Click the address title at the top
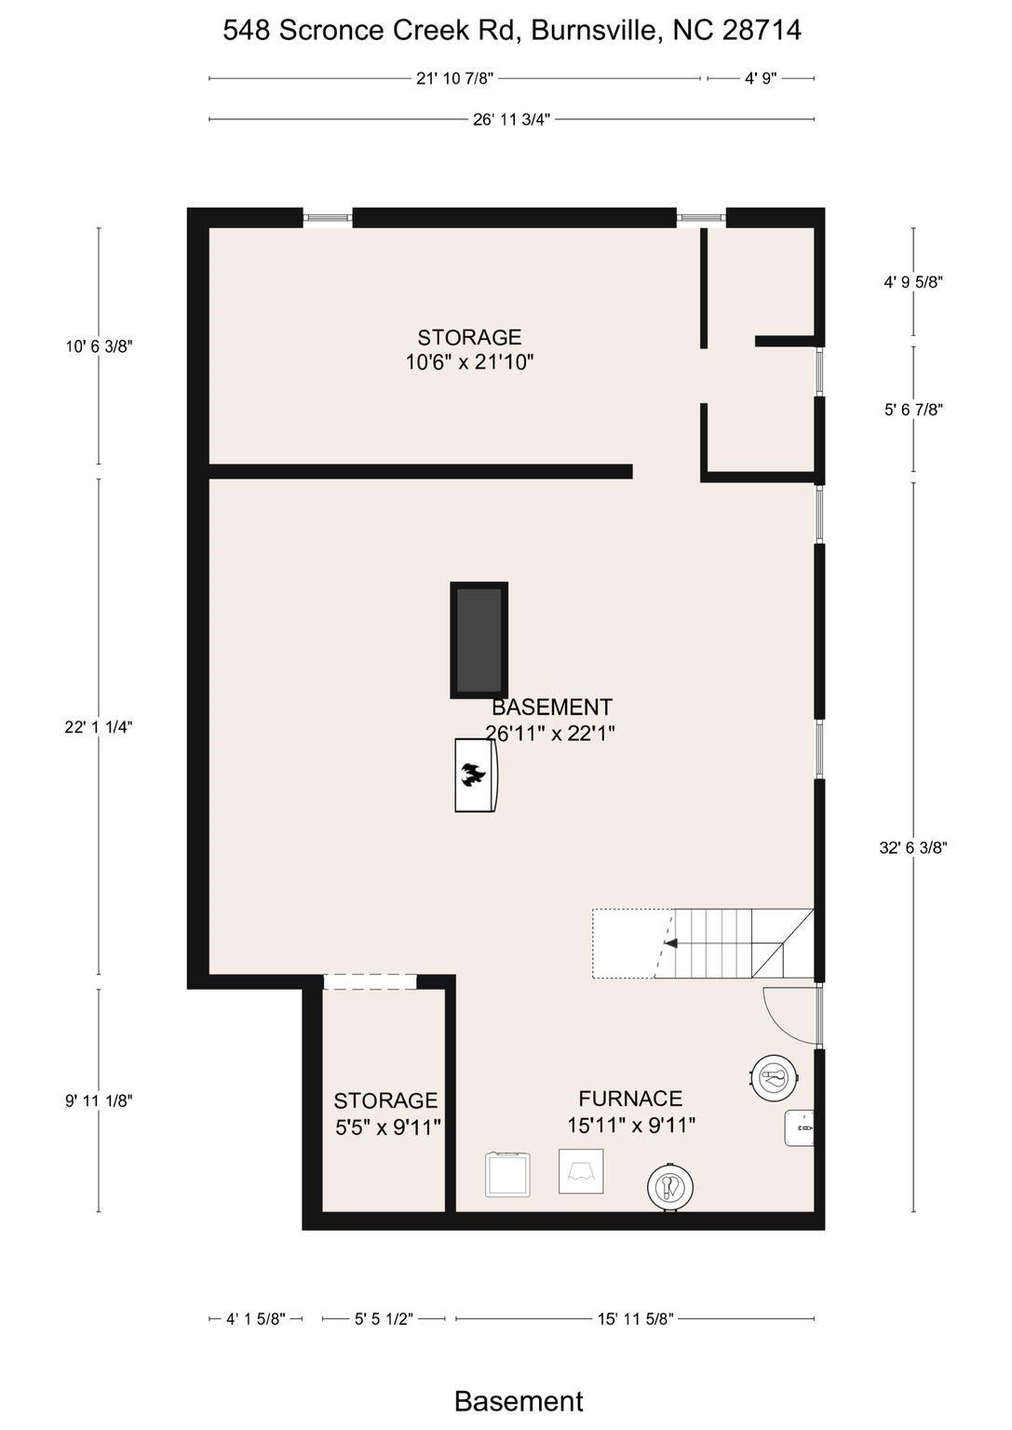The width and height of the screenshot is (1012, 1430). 511,30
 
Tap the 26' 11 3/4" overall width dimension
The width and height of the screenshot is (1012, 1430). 511,119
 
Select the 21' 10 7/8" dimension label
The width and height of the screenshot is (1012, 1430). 455,78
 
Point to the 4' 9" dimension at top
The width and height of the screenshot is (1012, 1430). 761,78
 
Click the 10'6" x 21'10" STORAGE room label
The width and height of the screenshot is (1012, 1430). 469,349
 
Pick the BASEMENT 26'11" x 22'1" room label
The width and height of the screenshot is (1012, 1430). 550,720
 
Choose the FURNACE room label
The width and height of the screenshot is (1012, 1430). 631,1112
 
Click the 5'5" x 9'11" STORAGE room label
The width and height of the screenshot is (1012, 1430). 387,1114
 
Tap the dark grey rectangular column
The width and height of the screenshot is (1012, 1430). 479,640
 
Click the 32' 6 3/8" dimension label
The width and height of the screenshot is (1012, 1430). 913,847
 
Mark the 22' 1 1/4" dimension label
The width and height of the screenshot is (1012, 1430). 99,727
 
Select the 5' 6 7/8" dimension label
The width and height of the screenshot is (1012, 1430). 913,410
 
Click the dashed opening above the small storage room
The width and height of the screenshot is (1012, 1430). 371,982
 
